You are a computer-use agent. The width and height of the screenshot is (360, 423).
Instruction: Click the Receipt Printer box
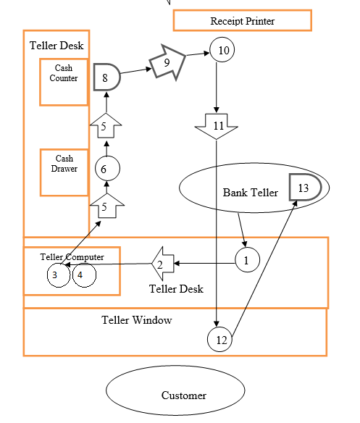pyautogui.click(x=242, y=21)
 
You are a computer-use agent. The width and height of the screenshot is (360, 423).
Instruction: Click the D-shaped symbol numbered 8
pyautogui.click(x=106, y=77)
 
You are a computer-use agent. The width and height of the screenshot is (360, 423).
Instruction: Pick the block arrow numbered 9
pyautogui.click(x=167, y=63)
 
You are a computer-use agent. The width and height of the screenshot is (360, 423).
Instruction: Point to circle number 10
pyautogui.click(x=222, y=50)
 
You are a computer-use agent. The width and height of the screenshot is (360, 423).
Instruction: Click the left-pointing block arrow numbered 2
pyautogui.click(x=163, y=264)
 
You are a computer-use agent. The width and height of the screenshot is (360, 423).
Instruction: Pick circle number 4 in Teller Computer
pyautogui.click(x=84, y=275)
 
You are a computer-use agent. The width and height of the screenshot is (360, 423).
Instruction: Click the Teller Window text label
pyautogui.click(x=136, y=319)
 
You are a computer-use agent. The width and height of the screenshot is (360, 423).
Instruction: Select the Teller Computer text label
pyautogui.click(x=72, y=256)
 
